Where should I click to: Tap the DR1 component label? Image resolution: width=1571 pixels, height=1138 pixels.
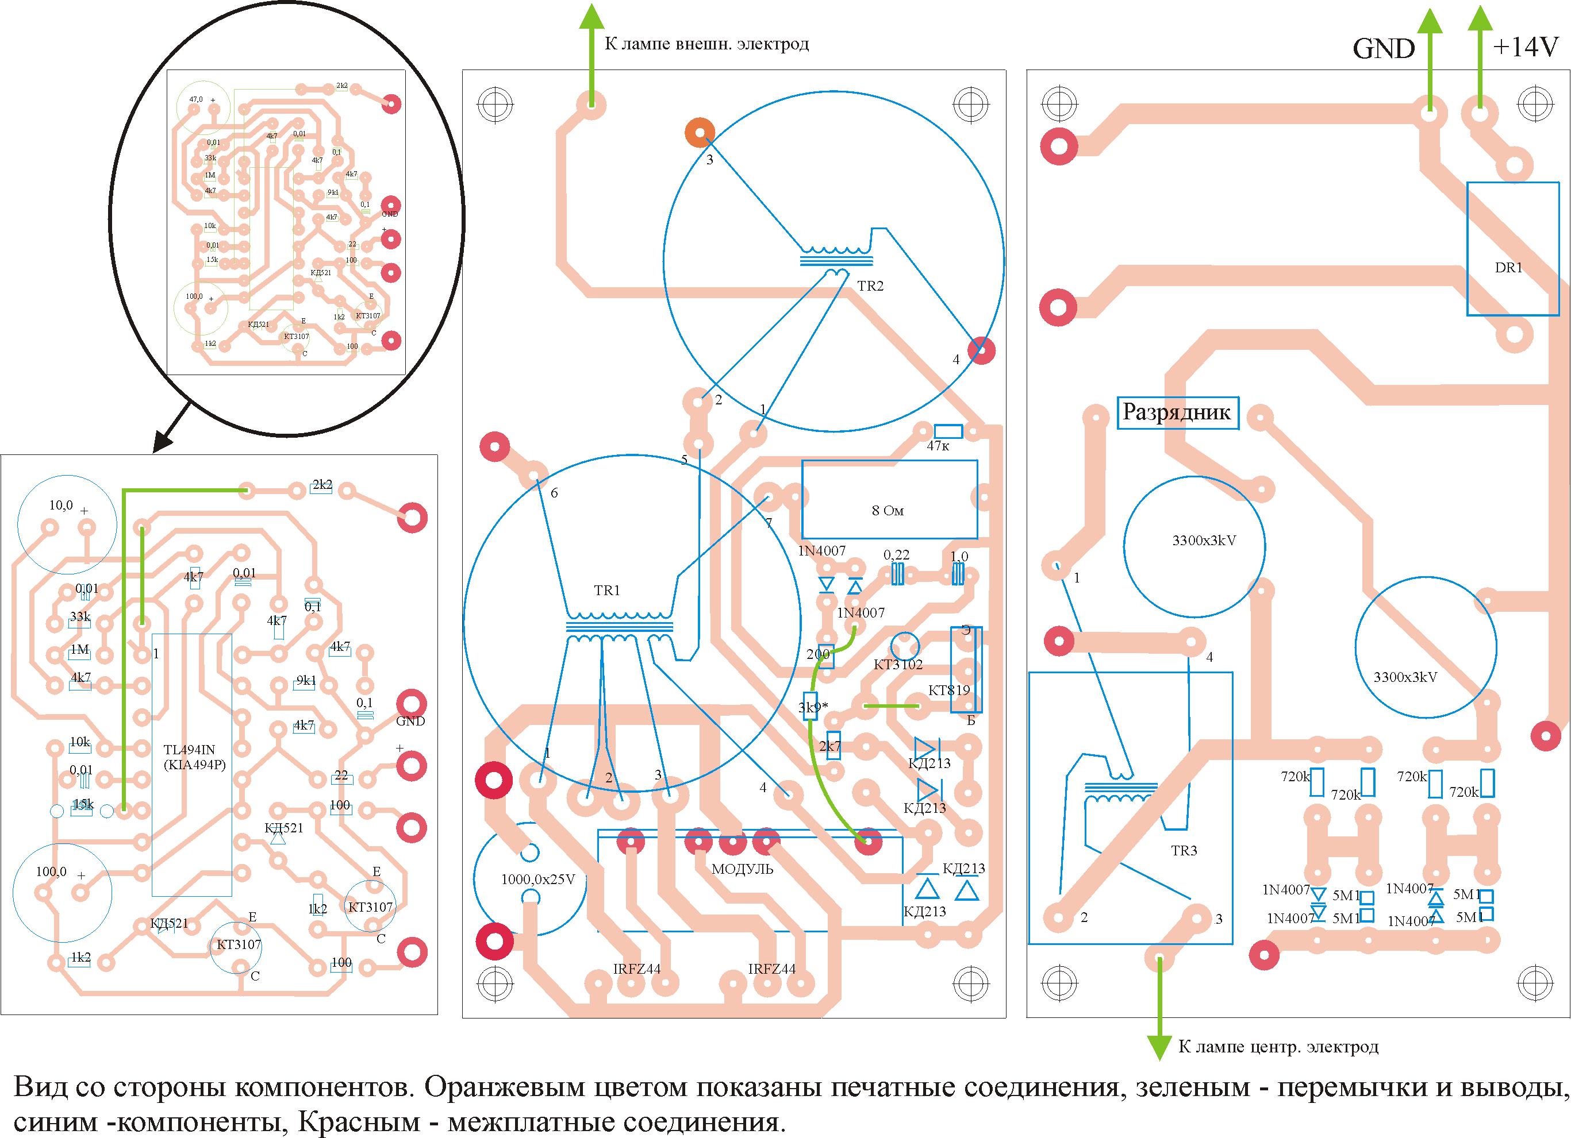click(1509, 268)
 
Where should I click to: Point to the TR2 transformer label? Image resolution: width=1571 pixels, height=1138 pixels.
click(870, 286)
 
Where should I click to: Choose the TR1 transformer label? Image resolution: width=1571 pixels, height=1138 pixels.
click(607, 591)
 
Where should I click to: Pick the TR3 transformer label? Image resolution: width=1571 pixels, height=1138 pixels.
click(1184, 851)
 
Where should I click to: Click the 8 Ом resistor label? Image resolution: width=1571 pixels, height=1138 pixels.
click(888, 511)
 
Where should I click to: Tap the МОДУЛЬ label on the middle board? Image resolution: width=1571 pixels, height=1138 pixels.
click(743, 869)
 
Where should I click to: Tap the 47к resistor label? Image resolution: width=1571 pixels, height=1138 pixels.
click(938, 446)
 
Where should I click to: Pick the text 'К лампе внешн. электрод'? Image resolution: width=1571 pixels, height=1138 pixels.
click(706, 44)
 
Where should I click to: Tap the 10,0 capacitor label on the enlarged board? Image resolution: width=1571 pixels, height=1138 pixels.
click(60, 506)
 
